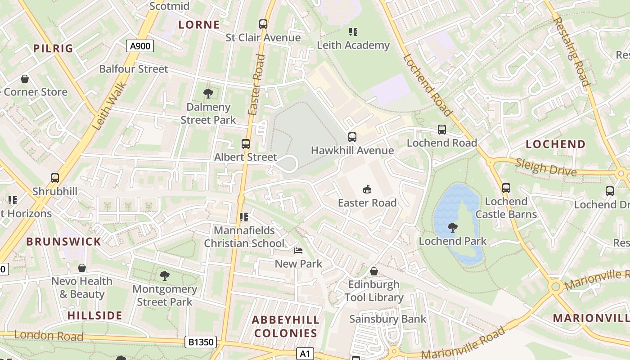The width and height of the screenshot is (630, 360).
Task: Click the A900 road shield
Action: pyautogui.click(x=140, y=46)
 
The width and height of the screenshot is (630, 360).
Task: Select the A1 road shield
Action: pyautogui.click(x=305, y=354)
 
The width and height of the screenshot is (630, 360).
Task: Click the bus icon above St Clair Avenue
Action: pyautogui.click(x=263, y=24)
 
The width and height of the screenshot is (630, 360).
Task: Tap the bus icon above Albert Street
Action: pyautogui.click(x=246, y=144)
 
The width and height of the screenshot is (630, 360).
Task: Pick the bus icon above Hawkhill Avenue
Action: pyautogui.click(x=352, y=137)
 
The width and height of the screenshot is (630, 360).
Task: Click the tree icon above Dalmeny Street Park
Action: pyautogui.click(x=208, y=94)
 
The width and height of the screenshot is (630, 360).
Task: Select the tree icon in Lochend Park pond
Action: pyautogui.click(x=453, y=228)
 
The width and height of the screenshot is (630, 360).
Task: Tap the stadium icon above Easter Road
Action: pyautogui.click(x=367, y=189)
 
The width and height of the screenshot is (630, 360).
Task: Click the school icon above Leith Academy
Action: pyautogui.click(x=353, y=32)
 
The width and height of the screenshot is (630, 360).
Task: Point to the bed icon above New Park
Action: pyautogui.click(x=298, y=251)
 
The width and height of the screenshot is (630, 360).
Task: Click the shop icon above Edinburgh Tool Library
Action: pyautogui.click(x=373, y=271)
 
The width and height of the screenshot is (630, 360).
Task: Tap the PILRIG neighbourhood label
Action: pyautogui.click(x=53, y=49)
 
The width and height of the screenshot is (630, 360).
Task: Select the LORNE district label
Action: pyautogui.click(x=199, y=25)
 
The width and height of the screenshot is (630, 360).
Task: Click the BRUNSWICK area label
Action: pyautogui.click(x=63, y=242)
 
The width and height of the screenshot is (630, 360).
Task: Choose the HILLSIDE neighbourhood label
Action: pyautogui.click(x=95, y=315)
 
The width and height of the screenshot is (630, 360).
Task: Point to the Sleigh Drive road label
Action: pyautogui.click(x=546, y=167)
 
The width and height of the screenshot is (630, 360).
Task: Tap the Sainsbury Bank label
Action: pyautogui.click(x=388, y=319)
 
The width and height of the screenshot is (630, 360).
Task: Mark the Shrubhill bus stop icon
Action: pyautogui.click(x=55, y=178)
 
